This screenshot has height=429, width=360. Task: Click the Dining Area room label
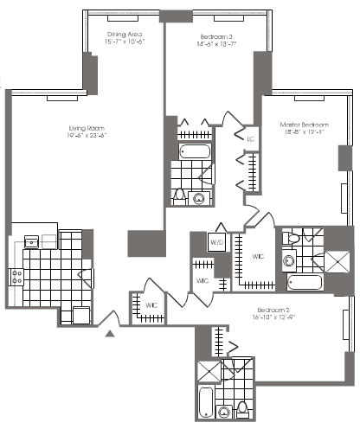[x=124, y=30]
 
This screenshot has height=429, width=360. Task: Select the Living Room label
[x=87, y=126]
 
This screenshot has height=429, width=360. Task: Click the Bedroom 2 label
[x=273, y=310]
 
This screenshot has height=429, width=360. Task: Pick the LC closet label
[x=250, y=138]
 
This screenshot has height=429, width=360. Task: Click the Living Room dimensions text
[x=87, y=135]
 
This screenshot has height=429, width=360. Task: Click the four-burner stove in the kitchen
[x=16, y=277]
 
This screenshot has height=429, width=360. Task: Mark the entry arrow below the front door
[x=109, y=332]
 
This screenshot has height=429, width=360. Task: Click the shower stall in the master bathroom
[x=333, y=263]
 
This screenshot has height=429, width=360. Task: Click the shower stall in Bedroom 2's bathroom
[x=208, y=369]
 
